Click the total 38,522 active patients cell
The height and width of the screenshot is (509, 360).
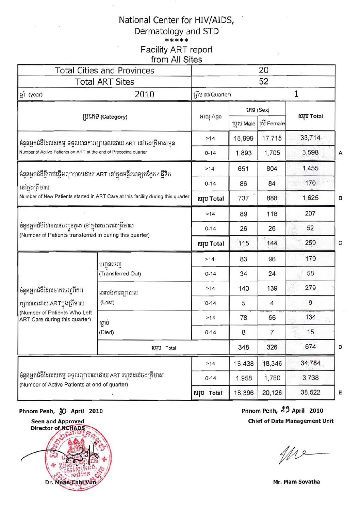pos(310,392)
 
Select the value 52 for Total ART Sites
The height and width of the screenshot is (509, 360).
pos(263,82)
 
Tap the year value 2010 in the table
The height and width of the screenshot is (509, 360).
pos(144,94)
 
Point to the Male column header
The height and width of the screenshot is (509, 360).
pos(244,124)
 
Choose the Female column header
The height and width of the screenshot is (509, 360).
pos(272,124)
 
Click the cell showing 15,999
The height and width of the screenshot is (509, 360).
pos(243,138)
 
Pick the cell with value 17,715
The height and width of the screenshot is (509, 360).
pos(272,138)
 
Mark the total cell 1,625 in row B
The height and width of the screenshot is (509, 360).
pos(310,198)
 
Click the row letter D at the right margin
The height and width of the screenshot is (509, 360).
pos(340,347)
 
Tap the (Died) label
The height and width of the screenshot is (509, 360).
pos(107,332)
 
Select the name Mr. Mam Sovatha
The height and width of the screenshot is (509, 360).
pos(296,482)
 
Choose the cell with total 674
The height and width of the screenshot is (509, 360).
pos(310,347)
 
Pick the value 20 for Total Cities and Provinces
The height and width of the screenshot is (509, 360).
pos(263,70)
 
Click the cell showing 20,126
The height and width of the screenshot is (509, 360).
pos(272,393)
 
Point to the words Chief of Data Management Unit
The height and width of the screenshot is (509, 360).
pos(291,421)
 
